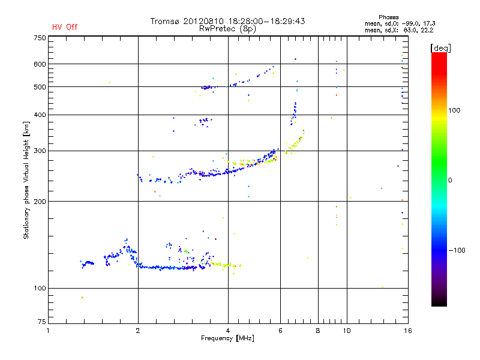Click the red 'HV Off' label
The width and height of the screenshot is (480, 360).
click(x=64, y=27)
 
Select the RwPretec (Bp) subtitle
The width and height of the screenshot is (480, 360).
click(x=228, y=28)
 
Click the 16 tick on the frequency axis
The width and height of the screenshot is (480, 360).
click(x=407, y=330)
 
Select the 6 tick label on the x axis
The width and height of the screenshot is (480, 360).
click(x=280, y=330)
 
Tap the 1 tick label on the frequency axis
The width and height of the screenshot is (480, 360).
click(x=49, y=330)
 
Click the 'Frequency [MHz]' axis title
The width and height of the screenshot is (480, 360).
click(x=227, y=338)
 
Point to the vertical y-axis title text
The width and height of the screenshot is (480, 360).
click(x=26, y=181)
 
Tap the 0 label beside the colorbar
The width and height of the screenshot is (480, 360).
click(x=451, y=180)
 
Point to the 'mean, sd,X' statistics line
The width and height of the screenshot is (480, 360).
click(x=398, y=30)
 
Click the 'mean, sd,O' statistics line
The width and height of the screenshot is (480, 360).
click(x=398, y=23)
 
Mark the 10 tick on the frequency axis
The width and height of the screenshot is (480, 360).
click(x=346, y=330)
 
